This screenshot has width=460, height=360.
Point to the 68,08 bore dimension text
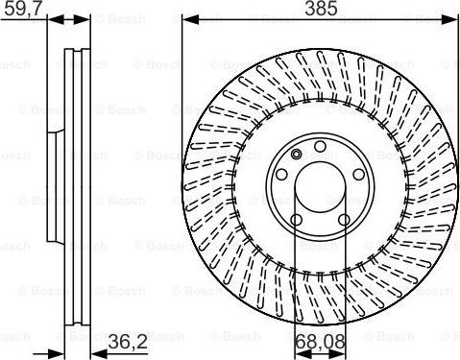pyautogui.click(x=318, y=341)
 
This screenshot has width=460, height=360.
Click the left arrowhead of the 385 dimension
pyautogui.click(x=187, y=20)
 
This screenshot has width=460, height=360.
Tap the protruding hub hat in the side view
pyautogui.click(x=54, y=182)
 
